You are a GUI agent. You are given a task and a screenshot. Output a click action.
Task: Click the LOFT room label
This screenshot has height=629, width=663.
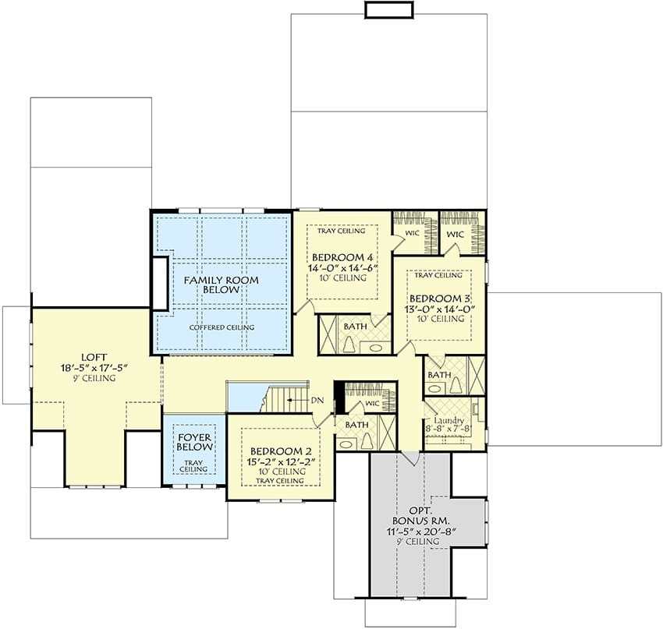coord(94,358)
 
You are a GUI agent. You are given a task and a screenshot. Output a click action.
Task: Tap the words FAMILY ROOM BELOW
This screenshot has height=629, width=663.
coord(222,284)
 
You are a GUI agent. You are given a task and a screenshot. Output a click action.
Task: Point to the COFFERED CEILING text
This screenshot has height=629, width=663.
coord(222,327)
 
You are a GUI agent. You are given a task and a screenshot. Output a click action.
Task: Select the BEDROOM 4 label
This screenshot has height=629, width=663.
coord(342,257)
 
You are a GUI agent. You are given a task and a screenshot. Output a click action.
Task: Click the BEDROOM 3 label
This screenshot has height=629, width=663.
coord(440,299)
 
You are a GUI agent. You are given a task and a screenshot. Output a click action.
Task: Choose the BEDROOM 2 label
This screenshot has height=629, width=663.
coord(281,451)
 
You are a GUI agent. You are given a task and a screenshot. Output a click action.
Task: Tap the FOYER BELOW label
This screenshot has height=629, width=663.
coord(194,442)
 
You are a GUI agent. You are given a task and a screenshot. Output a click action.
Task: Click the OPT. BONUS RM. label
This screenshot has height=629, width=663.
coord(420,515)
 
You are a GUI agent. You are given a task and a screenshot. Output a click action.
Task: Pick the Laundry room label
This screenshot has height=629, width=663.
coord(448,421)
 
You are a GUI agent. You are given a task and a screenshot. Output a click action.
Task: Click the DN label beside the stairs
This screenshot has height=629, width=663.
coord(317,401)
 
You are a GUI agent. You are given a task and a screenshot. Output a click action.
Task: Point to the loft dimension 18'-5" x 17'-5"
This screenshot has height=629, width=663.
coord(94,368)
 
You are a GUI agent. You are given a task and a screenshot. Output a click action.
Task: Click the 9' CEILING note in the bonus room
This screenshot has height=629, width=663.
coord(418,542)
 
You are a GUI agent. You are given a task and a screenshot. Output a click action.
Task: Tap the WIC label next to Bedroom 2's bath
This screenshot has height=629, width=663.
coord(372,404)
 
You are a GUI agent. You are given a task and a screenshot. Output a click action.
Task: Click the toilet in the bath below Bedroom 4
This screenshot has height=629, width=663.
coord(349,345)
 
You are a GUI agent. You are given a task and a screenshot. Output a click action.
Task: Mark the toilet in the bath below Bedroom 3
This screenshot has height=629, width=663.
coord(456,385)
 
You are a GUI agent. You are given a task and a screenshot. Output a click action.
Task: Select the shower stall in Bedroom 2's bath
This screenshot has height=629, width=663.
coord(388,433)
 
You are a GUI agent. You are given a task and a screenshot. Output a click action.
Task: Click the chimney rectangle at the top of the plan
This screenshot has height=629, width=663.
coord(388,9)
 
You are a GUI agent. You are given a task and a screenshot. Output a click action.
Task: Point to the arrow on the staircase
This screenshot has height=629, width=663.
coord(298,400)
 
